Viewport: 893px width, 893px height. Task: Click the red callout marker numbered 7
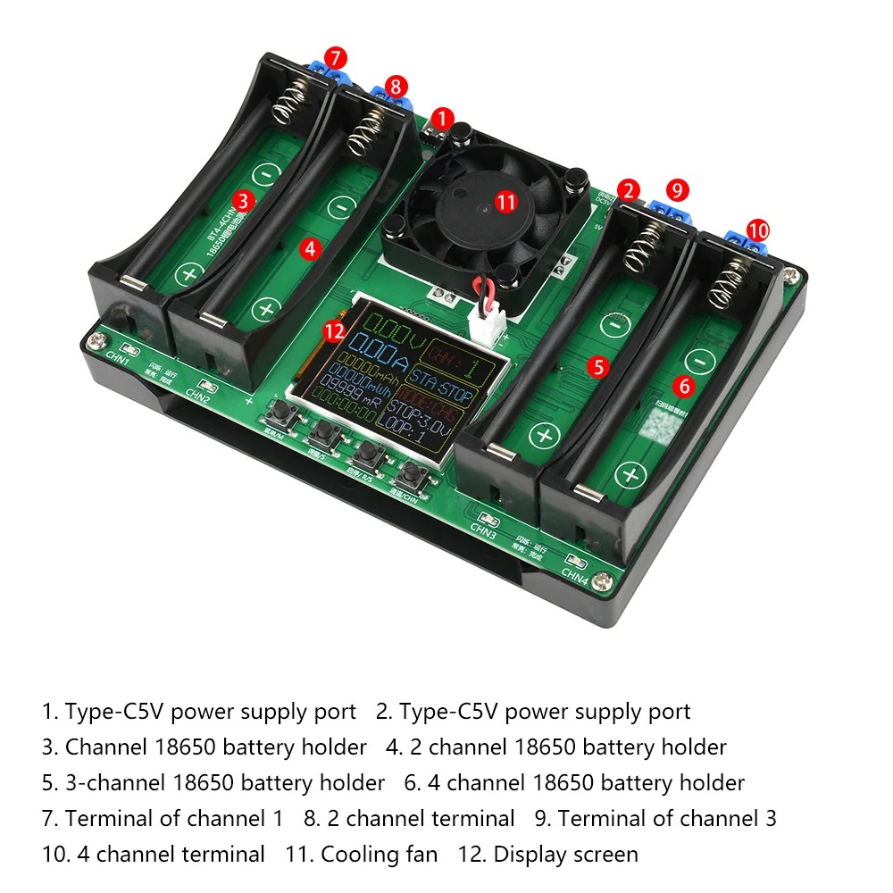coord(335,58)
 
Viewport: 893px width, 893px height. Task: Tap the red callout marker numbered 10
coord(757,230)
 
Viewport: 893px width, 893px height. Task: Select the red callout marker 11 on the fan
coord(506,202)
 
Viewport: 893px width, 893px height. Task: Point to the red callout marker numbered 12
coord(334,331)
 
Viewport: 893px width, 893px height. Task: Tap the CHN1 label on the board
coord(118,363)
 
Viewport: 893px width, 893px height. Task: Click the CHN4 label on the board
coord(574,572)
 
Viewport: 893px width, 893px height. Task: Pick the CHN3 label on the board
coord(483,530)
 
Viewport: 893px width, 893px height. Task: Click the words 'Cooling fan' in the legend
coord(379,855)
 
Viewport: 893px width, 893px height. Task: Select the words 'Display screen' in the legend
coord(565,855)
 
